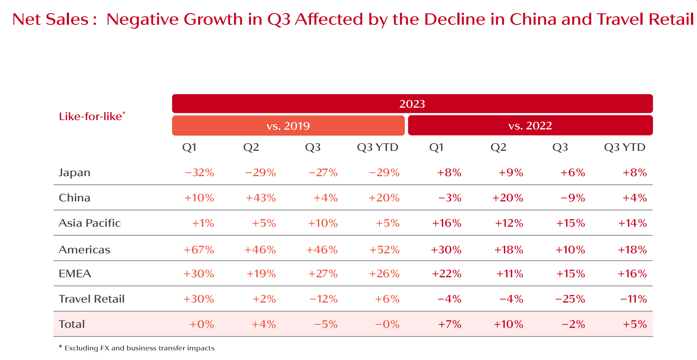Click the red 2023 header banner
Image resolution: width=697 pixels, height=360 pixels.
click(x=412, y=104)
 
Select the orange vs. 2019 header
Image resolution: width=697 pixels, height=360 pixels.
click(x=288, y=126)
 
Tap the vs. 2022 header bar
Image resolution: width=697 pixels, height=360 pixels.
click(x=530, y=126)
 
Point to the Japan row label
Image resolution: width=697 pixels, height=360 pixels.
click(x=74, y=173)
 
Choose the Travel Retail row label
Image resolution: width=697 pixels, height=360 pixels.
click(x=92, y=299)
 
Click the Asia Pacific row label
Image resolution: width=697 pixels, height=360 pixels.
click(x=90, y=223)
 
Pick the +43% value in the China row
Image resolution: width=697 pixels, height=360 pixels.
click(x=261, y=198)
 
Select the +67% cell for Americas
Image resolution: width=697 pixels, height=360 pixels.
click(x=199, y=250)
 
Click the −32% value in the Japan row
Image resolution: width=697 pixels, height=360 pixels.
click(x=199, y=173)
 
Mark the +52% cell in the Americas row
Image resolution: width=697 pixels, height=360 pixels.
click(x=384, y=250)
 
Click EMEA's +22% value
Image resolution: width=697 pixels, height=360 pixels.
click(x=446, y=274)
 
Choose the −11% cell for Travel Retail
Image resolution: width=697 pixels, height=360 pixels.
click(x=633, y=299)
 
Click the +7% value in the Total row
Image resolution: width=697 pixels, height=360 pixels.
click(x=449, y=324)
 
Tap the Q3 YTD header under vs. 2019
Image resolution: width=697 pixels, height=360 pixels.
click(x=377, y=147)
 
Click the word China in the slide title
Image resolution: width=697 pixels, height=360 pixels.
click(x=533, y=19)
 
